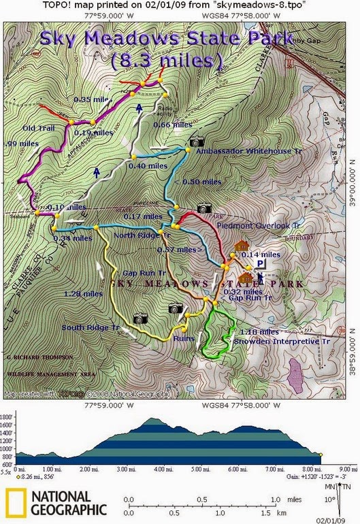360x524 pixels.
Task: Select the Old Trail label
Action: click(x=38, y=127)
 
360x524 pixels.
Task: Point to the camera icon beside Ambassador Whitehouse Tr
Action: click(x=197, y=141)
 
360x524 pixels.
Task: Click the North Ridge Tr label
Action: click(x=142, y=235)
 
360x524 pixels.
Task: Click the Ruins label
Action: click(x=184, y=338)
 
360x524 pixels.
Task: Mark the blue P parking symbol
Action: click(x=261, y=263)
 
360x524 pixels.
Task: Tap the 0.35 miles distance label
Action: click(x=92, y=99)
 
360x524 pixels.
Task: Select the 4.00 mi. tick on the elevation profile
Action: click(x=163, y=469)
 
